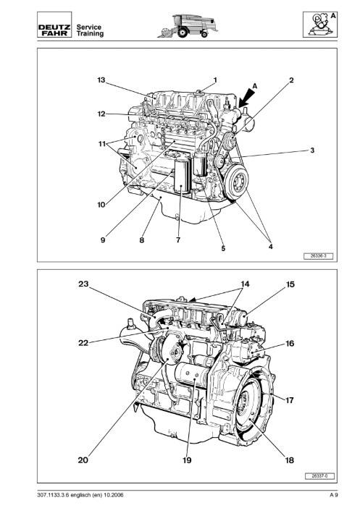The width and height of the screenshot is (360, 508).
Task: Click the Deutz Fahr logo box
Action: pos(54,25)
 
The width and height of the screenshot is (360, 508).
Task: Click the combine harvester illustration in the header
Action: pos(188,25)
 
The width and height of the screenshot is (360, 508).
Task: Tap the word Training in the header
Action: pos(90,34)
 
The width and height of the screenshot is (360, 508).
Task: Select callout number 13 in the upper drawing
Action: pos(101,80)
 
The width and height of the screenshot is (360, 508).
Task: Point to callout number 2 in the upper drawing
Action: pos(291,80)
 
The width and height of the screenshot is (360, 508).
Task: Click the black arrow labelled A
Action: pos(247,97)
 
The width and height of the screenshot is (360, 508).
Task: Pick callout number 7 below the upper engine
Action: pos(178,240)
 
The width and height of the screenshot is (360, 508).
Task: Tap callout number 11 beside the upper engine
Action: pos(102,143)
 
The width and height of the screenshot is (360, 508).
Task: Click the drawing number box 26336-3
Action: pos(318,256)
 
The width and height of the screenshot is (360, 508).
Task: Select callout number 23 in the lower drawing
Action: pos(83,284)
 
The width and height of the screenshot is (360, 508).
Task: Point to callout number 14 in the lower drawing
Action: pos(245,284)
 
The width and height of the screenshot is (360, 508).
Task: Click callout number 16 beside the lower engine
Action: pos(290,343)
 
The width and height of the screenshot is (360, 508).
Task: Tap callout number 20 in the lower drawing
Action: pos(83,460)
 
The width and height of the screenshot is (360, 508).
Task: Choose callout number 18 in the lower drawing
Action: pos(289,460)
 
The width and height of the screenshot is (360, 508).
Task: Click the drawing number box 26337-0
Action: pos(319,476)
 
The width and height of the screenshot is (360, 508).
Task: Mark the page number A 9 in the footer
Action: pos(334,495)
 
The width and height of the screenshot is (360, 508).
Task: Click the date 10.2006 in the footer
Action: pos(114,495)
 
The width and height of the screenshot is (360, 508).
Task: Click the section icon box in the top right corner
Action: pos(320,25)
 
